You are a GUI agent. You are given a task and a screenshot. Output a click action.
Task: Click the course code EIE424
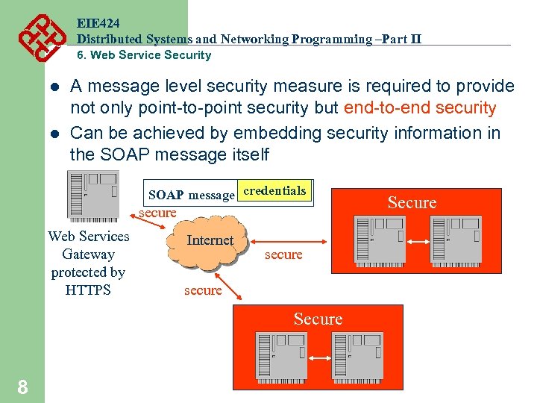click(x=98, y=24)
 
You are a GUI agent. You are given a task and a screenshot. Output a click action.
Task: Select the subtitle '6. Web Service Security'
click(x=144, y=55)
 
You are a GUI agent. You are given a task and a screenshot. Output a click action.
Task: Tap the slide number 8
click(x=23, y=386)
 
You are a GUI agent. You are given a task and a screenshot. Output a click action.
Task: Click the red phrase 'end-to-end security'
click(x=420, y=108)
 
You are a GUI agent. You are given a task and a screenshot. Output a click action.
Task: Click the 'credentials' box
click(x=274, y=191)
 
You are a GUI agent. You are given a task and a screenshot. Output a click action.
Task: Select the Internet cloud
click(x=210, y=240)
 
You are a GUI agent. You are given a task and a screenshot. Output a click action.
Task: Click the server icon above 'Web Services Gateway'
click(x=92, y=196)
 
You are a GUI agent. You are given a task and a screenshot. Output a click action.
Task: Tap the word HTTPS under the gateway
click(x=88, y=290)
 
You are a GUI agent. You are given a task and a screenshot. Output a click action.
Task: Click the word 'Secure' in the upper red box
click(x=412, y=202)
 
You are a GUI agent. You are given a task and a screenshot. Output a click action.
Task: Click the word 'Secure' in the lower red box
click(x=318, y=319)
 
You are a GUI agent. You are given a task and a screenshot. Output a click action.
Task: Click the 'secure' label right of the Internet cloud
click(x=283, y=254)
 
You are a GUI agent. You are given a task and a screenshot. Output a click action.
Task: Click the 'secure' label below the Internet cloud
click(x=203, y=290)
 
